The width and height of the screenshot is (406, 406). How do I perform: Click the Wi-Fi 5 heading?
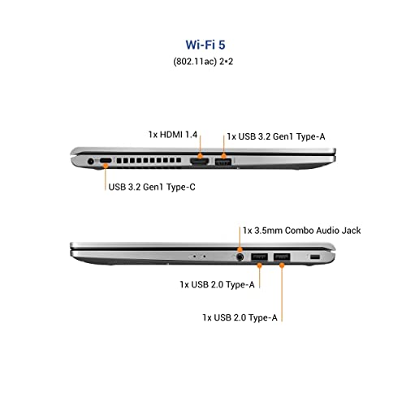[x=205, y=45]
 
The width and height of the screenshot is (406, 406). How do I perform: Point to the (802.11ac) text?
[x=195, y=62]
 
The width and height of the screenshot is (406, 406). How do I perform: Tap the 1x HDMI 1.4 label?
[x=173, y=135]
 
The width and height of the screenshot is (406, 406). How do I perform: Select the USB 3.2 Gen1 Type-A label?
[x=276, y=136]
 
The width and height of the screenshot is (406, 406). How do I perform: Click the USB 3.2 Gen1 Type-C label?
[x=152, y=187]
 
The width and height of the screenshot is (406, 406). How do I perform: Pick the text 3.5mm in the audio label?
[x=268, y=231]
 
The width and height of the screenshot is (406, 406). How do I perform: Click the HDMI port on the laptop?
[x=200, y=162]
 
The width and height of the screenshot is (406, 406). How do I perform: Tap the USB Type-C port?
[x=106, y=161]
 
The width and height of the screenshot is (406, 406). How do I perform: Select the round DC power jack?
[x=91, y=162]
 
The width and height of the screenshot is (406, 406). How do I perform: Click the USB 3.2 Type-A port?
[x=223, y=162]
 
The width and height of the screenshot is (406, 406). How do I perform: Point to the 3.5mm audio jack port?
[x=240, y=257]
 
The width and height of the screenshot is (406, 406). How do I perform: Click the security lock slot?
[x=315, y=257]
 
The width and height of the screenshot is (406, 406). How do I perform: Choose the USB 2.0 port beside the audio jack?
[x=259, y=257]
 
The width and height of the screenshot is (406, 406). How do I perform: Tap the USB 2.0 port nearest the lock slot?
[x=282, y=257]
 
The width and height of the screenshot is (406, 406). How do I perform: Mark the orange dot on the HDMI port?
[x=200, y=156]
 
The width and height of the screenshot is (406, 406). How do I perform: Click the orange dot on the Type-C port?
[x=106, y=165]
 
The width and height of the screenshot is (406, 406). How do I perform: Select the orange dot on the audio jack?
[x=240, y=249]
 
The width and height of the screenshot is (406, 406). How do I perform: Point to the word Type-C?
[x=181, y=187]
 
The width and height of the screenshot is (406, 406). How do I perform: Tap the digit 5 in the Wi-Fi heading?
[x=222, y=45]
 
